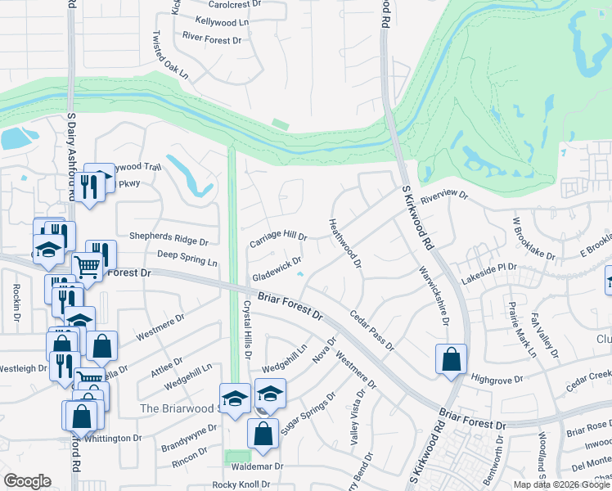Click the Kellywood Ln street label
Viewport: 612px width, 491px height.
point(222,21)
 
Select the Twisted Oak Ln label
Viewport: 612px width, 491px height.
point(170,56)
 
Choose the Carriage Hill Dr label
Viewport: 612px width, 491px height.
point(278,241)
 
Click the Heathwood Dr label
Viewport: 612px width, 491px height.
point(344,242)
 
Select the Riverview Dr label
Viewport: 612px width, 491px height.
point(443,197)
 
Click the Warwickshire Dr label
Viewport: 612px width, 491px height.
point(434,295)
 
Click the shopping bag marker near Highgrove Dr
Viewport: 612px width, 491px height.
point(451,358)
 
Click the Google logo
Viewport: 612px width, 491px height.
point(27,480)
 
